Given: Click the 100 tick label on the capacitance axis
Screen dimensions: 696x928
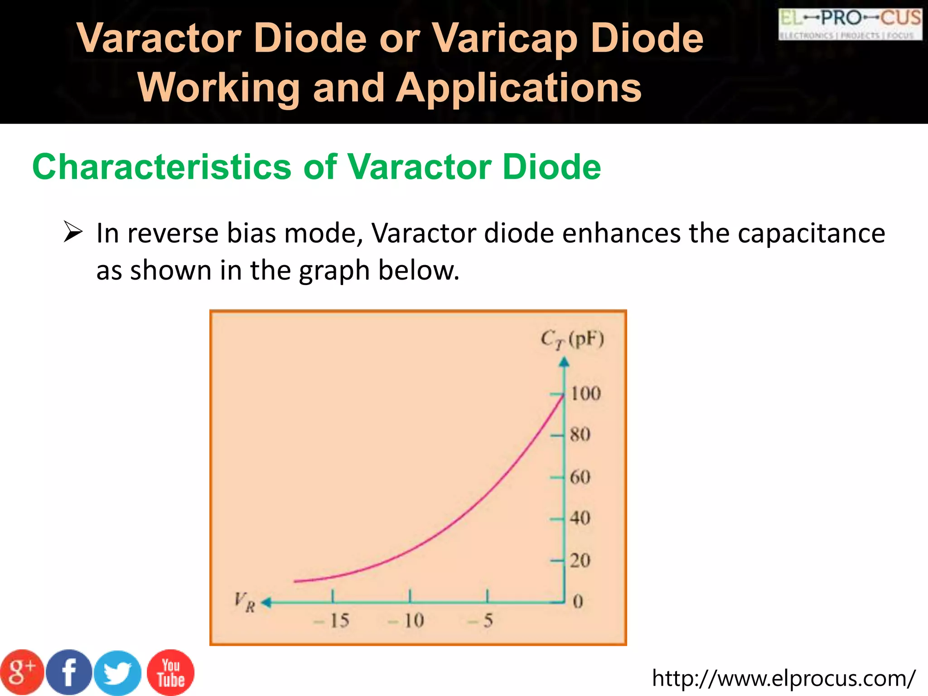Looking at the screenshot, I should click(x=585, y=393).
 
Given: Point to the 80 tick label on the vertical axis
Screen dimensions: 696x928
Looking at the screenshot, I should click(x=580, y=435).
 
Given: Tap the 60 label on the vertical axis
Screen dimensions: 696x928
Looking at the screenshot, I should click(x=580, y=477).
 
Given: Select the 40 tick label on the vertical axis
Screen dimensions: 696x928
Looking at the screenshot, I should click(x=580, y=518).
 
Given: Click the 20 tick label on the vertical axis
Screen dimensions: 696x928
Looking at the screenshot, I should click(x=580, y=561).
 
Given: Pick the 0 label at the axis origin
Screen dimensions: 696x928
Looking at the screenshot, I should click(x=578, y=602).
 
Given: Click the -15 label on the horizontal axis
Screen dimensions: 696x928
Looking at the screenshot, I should click(x=332, y=621).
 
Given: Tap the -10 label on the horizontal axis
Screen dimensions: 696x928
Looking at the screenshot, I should click(x=406, y=621).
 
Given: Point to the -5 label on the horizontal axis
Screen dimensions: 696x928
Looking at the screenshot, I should click(x=481, y=621).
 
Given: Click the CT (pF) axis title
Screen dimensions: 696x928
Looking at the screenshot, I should click(x=572, y=339).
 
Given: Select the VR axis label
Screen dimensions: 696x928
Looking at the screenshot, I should click(x=245, y=602).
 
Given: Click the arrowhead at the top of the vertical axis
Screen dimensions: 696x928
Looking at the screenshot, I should click(x=564, y=362).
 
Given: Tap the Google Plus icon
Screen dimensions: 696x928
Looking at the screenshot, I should click(x=22, y=672).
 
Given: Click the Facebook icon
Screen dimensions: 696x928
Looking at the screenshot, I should click(x=69, y=672).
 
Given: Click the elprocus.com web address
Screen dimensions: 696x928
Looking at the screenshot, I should click(x=783, y=678).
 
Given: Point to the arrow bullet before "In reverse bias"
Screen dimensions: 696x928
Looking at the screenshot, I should click(x=73, y=232).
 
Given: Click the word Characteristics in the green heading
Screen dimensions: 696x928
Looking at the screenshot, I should click(x=162, y=167).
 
